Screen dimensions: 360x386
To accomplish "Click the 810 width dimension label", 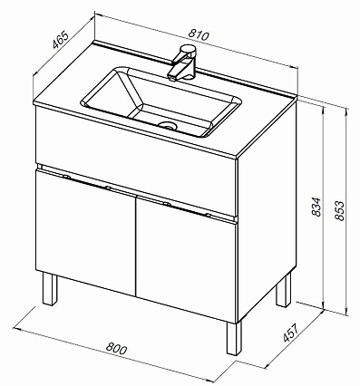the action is coord(199,35).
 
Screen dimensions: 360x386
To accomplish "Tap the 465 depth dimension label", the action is coord(61,39).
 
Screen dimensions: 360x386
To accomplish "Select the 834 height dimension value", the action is coord(316,207).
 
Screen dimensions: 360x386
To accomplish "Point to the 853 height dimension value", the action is coord(339,210).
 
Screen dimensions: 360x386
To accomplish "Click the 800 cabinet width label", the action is coord(117,349).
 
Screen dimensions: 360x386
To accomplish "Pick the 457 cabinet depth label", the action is coord(290,333).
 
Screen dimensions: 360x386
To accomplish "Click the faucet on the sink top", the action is coord(183,63).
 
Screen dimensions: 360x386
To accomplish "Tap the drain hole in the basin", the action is coord(167,125).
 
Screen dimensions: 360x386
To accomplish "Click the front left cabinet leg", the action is coord(50,289).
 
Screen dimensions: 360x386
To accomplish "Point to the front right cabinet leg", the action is coord(234,338).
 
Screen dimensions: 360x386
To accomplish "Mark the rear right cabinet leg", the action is coord(284,290).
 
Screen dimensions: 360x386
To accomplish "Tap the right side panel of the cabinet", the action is coord(268,208).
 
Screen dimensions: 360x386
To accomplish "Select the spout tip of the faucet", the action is coord(171,78).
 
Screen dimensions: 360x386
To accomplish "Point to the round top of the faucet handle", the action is coord(188,48).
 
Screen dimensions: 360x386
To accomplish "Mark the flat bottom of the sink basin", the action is coord(170,119).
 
